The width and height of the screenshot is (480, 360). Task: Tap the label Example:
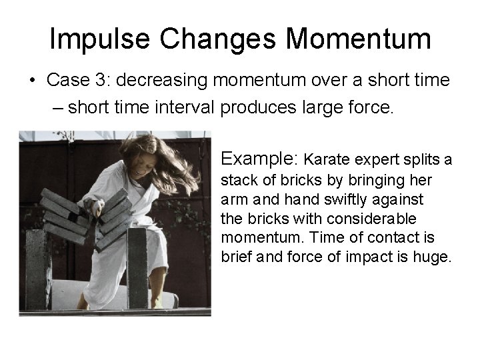pyautogui.click(x=259, y=159)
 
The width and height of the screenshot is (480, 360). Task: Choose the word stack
pyautogui.click(x=237, y=180)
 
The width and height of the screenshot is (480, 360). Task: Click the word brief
pyautogui.click(x=237, y=257)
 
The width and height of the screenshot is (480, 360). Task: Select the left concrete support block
pyautogui.click(x=38, y=269)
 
